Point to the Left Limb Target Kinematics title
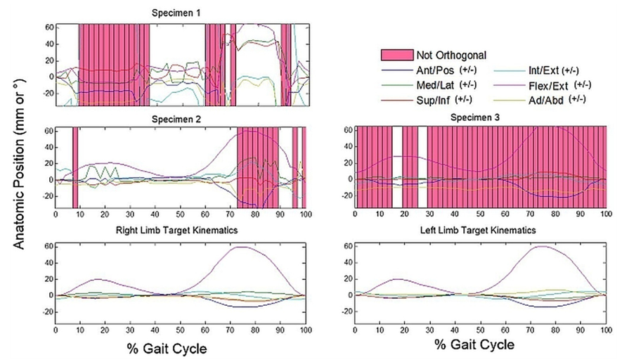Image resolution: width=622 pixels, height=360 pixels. (479, 230)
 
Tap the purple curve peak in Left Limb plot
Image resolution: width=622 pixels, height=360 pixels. (543, 246)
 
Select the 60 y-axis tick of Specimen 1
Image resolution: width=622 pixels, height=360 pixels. (50, 27)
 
